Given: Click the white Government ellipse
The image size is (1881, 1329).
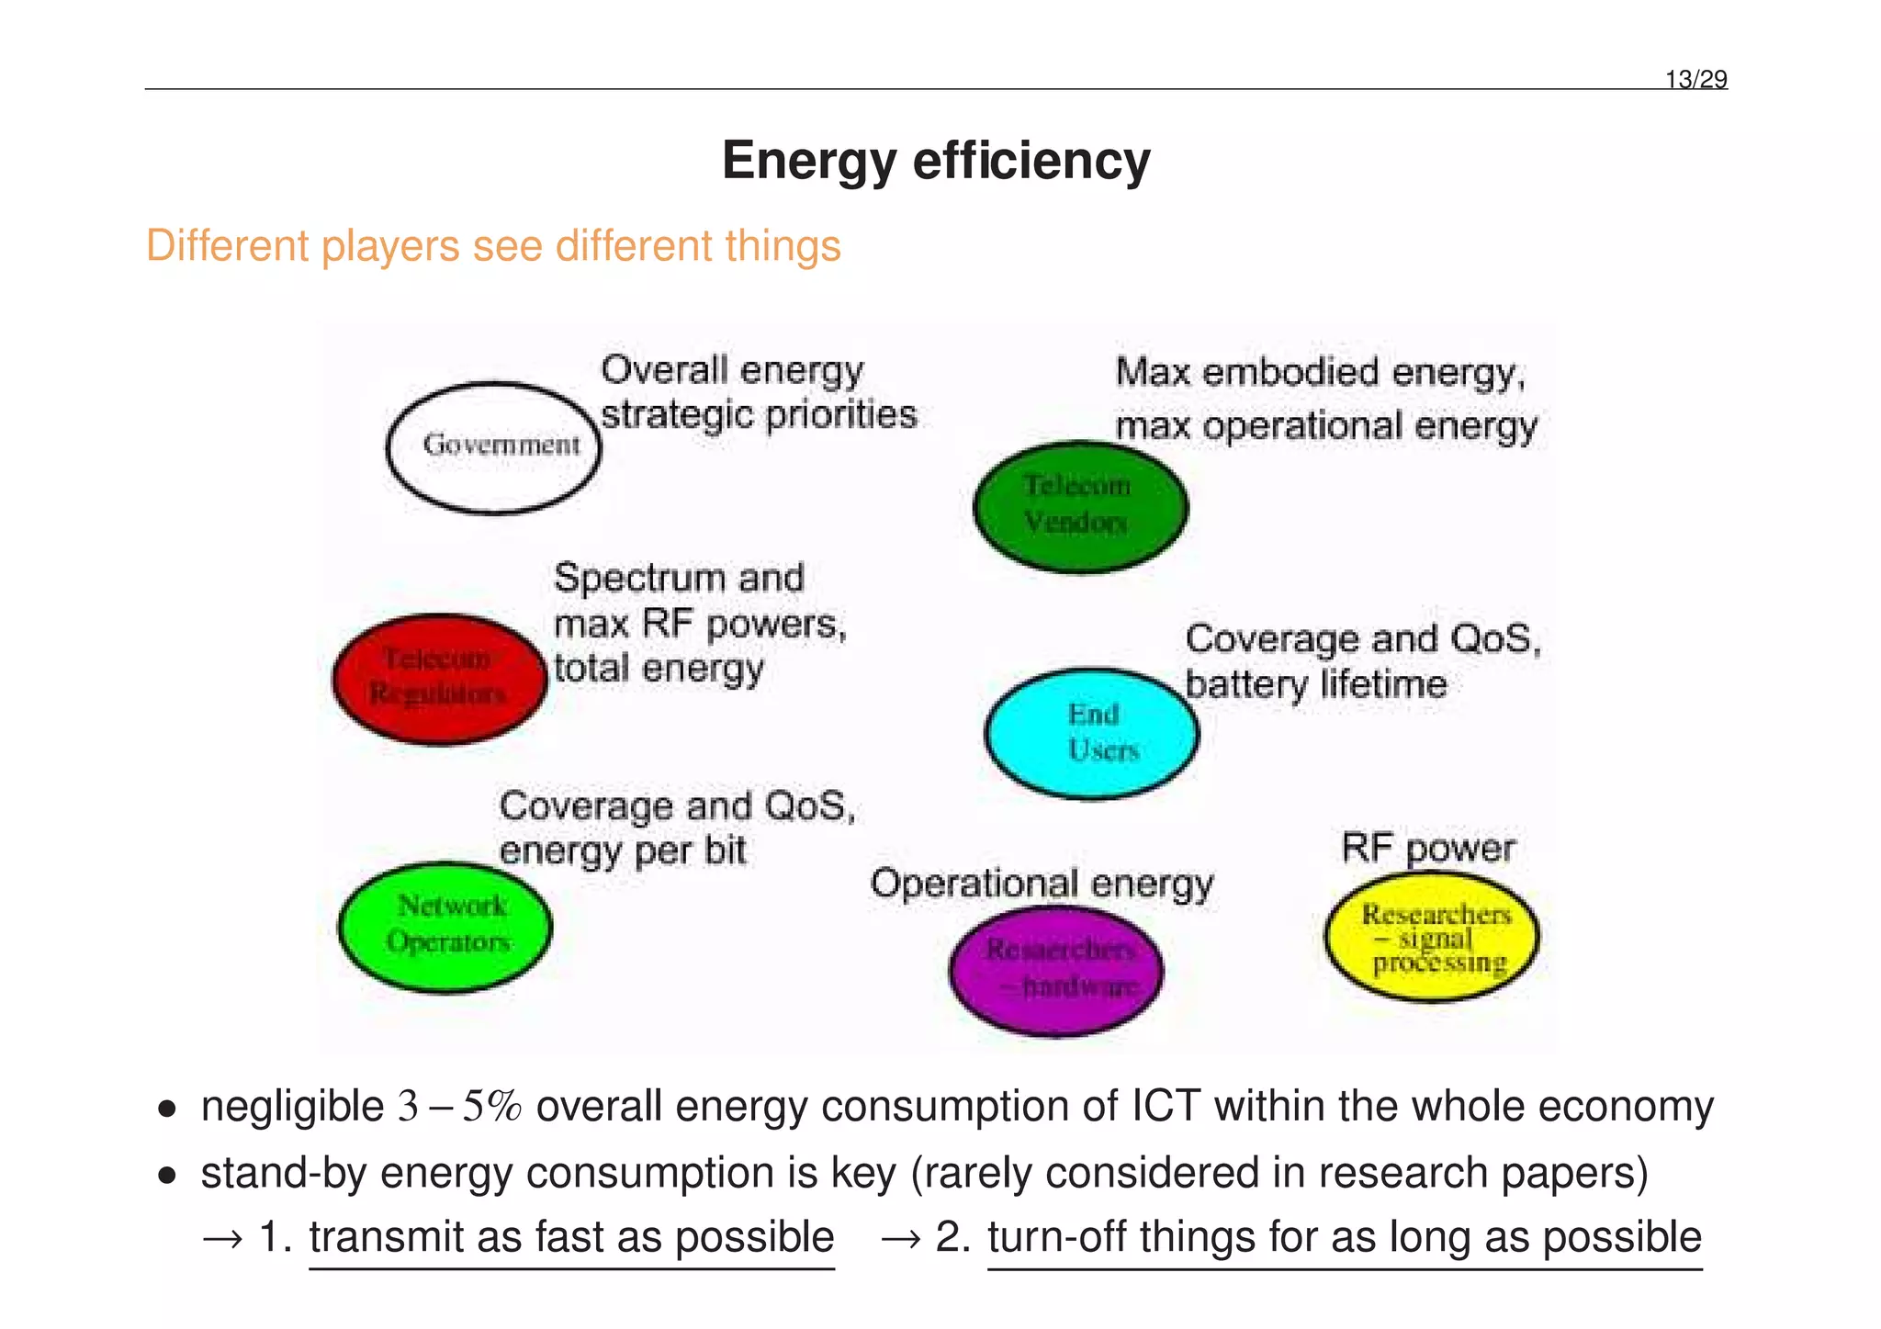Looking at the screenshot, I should coord(494,447).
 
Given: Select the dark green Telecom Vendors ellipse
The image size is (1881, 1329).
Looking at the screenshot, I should coord(1080,506).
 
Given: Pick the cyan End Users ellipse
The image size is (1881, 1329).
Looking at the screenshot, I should coord(1092,733).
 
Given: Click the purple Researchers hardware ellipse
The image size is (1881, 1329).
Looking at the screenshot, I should coord(1056,970).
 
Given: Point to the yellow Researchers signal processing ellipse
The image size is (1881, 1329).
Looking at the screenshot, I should coord(1432,937).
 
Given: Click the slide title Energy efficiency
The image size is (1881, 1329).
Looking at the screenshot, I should coord(935,161).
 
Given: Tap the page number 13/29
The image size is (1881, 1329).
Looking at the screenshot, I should coord(1695,80).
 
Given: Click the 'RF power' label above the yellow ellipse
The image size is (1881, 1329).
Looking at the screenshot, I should coord(1427,848).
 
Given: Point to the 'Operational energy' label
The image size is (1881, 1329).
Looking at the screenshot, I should coord(1042,884).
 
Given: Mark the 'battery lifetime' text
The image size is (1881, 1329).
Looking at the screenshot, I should coord(1315,685).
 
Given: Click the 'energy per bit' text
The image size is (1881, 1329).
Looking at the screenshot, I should coord(623,851).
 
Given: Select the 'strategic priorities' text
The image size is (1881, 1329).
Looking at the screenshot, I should coord(759,415).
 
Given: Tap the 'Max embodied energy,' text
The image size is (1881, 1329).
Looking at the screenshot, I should coord(1320,373).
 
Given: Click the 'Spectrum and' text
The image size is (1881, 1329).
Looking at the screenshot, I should coord(679,579).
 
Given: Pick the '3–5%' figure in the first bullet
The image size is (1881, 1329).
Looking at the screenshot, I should coord(459,1107).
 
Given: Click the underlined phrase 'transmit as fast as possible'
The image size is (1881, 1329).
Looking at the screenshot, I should coord(571,1237).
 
